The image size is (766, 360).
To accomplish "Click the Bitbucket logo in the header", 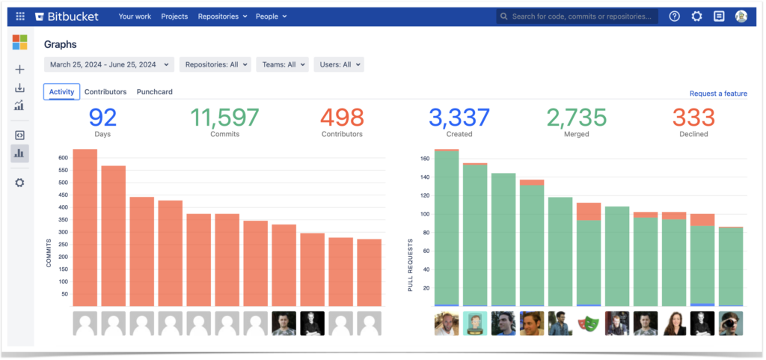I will [71, 16].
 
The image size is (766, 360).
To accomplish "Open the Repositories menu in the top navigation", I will [222, 16].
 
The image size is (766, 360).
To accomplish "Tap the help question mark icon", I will [674, 16].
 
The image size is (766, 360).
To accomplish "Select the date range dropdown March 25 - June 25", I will [109, 65].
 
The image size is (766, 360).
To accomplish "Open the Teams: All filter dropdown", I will [282, 65].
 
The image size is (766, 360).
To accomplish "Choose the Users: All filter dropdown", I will [338, 65].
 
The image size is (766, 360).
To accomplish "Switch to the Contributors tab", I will [105, 92].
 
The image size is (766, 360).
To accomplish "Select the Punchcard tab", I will [155, 92].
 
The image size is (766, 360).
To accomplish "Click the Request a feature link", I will [718, 94].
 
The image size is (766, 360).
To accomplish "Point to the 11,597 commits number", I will [224, 118].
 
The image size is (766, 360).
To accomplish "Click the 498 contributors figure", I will [341, 118].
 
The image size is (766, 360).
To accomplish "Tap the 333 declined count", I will [693, 118].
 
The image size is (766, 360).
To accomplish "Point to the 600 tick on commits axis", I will [63, 158].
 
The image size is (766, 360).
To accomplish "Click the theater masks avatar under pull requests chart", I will [589, 323].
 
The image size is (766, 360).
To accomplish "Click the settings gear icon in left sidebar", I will [19, 183].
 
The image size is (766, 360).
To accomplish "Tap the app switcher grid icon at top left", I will [20, 16].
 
